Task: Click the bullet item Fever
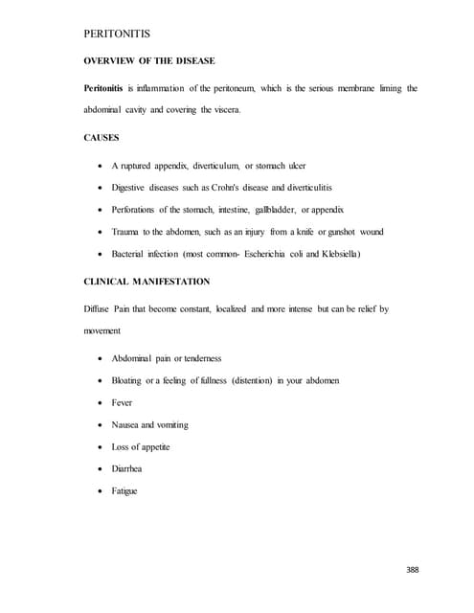click(x=123, y=403)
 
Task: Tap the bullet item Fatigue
click(x=124, y=491)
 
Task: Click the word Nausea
click(x=126, y=425)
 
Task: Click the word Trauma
click(x=128, y=232)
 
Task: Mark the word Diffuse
click(x=99, y=310)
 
